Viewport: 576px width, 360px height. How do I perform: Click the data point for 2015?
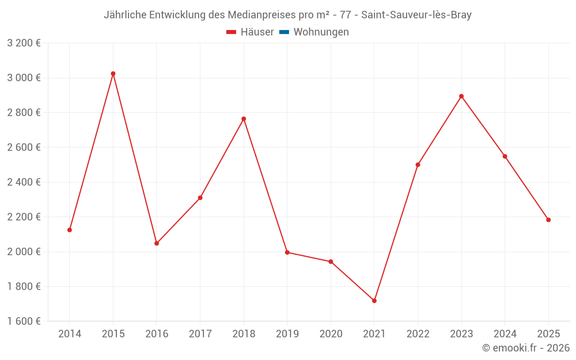(x=113, y=74)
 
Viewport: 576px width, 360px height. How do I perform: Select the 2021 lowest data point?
(x=374, y=301)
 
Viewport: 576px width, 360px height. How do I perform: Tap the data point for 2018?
(x=244, y=119)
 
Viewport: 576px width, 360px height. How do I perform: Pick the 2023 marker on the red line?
(x=461, y=96)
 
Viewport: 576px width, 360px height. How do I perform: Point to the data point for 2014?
(x=70, y=230)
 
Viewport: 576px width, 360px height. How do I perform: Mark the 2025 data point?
(x=548, y=220)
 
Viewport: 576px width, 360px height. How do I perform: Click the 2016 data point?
(x=157, y=243)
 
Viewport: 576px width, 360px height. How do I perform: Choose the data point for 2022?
(x=418, y=165)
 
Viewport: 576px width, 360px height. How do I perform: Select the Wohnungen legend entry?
(x=321, y=32)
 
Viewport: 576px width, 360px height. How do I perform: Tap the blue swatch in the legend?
(x=284, y=32)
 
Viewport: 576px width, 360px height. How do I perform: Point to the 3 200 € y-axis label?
(x=24, y=43)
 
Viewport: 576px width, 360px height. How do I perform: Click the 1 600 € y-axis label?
(x=24, y=321)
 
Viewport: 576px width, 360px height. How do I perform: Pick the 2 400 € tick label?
(x=24, y=182)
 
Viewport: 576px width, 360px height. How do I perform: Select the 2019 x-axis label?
(x=287, y=334)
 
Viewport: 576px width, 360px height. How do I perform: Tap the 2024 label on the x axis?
(x=505, y=334)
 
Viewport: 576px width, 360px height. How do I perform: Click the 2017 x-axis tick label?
(x=200, y=334)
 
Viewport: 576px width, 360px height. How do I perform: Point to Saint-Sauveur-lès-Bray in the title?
(x=416, y=15)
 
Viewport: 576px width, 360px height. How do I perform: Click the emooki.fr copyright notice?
(x=526, y=348)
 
